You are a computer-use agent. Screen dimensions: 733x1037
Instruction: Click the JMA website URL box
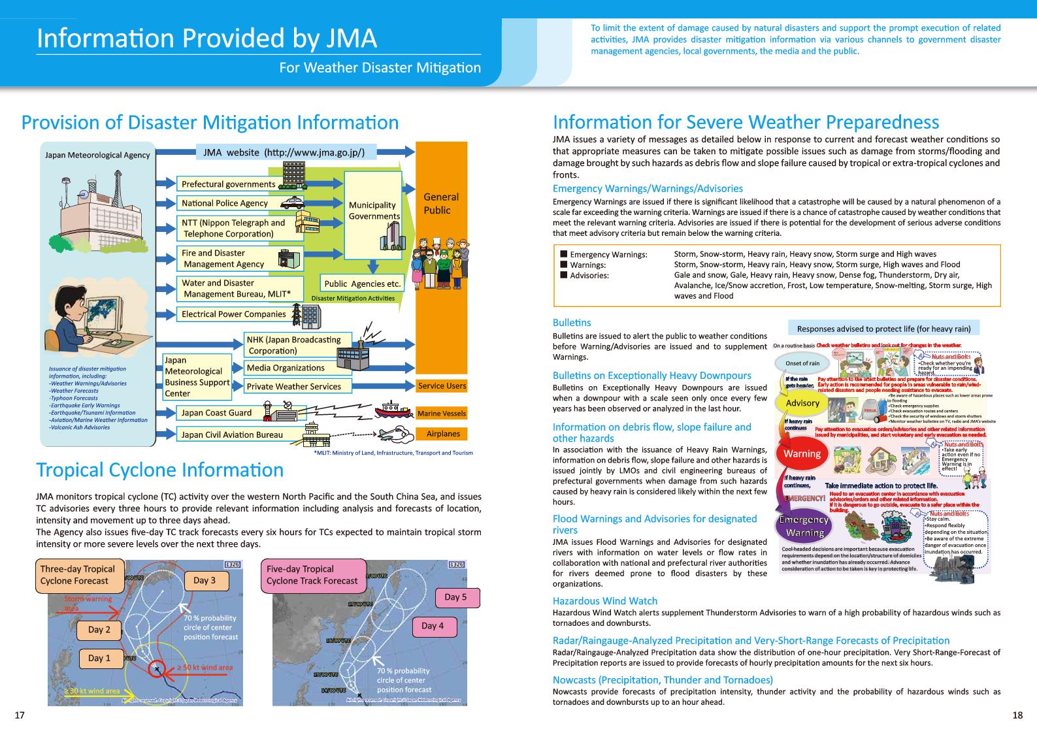coord(286,152)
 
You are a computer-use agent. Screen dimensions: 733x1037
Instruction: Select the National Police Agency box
coord(225,203)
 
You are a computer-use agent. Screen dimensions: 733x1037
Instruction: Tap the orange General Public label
coord(441,203)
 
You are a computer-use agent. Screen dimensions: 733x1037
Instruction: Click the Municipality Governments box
coord(373,210)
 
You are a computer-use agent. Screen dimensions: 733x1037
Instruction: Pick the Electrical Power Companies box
coord(233,314)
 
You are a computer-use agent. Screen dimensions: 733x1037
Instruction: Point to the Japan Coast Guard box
coord(216,413)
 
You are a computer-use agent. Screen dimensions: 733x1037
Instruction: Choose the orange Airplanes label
coord(442,434)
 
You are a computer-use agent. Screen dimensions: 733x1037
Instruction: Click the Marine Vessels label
coord(442,414)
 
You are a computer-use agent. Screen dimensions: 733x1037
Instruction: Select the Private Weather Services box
coord(293,386)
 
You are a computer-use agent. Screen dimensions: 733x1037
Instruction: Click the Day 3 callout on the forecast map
coord(205,581)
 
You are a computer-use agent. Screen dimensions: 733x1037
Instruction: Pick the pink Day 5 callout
coord(455,597)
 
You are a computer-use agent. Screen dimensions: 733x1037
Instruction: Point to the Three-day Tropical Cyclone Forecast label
coord(77,575)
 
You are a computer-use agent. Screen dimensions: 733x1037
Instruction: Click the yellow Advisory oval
coord(802,403)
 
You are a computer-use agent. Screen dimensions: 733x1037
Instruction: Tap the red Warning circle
coord(802,454)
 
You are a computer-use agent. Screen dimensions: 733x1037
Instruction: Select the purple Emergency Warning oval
coord(804,527)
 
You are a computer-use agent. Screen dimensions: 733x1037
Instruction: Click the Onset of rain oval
coord(802,363)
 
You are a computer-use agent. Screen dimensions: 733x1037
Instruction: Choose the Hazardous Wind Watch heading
coord(604,601)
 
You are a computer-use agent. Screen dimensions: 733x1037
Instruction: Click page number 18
coord(1017,715)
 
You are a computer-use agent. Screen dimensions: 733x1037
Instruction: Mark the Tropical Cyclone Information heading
coord(160,470)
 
